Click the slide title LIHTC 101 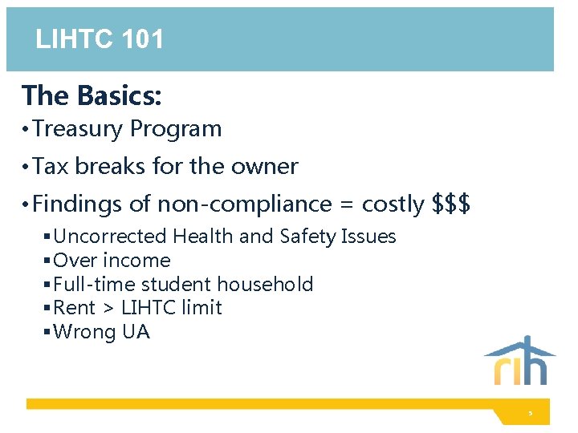pos(100,38)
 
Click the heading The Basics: pos(92,95)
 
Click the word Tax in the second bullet pos(51,166)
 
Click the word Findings pos(78,204)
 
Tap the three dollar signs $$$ pos(451,204)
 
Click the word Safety pos(309,237)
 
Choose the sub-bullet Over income pos(112,261)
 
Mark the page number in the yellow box pos(530,414)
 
